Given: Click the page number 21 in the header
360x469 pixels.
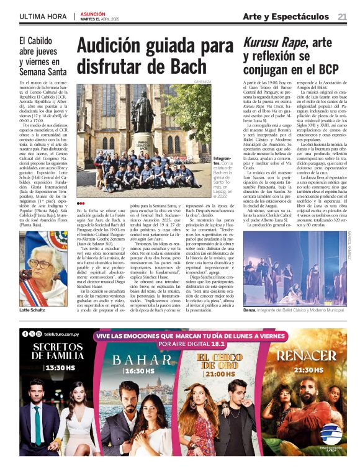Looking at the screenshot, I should coord(342,17).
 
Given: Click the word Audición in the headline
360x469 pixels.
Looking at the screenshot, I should coord(110,46).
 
